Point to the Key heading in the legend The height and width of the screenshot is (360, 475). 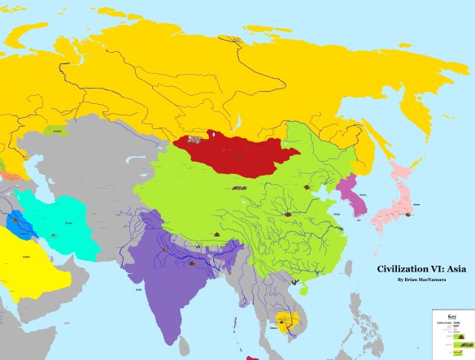[x=452, y=316]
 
